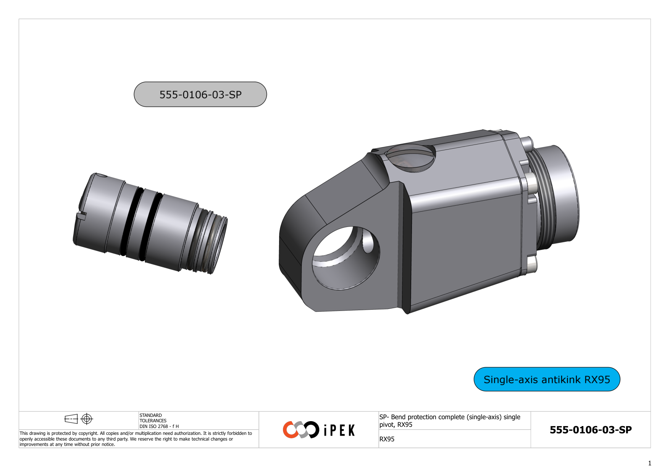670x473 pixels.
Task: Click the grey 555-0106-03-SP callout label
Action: [200, 94]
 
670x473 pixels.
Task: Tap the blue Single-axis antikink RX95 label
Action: [546, 380]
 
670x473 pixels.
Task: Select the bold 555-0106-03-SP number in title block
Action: [590, 430]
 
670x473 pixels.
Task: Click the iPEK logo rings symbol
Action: [301, 430]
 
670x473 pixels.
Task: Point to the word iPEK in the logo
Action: [339, 431]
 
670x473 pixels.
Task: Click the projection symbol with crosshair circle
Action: [87, 419]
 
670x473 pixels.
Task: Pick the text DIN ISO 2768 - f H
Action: [159, 426]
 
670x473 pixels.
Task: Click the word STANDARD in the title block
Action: [150, 415]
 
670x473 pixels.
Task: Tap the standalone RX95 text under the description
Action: [387, 439]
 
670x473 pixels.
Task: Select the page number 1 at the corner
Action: [649, 463]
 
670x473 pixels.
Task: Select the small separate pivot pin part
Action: [149, 223]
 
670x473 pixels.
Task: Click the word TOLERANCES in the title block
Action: [153, 421]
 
